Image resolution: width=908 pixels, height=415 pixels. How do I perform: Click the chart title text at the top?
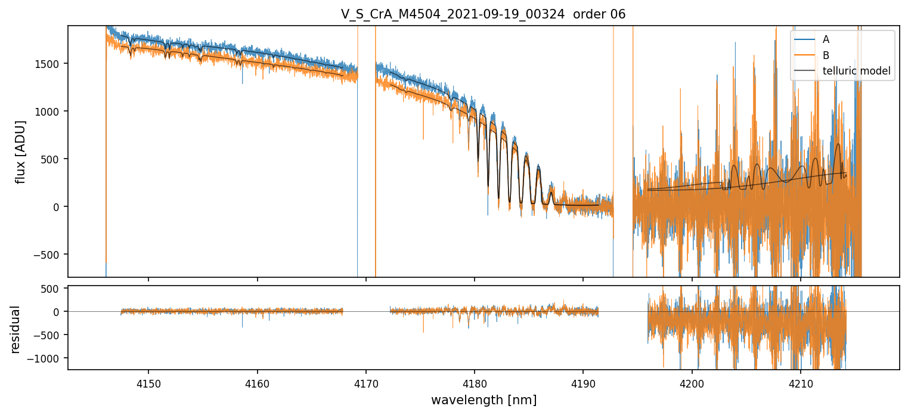pyautogui.click(x=483, y=14)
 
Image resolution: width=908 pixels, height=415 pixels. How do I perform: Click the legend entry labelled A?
pyautogui.click(x=826, y=39)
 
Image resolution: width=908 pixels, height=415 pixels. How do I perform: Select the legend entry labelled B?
pyautogui.click(x=826, y=55)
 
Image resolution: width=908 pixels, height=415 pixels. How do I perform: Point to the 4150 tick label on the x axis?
pyautogui.click(x=148, y=381)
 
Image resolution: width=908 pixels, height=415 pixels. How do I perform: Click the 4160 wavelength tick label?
pyautogui.click(x=257, y=381)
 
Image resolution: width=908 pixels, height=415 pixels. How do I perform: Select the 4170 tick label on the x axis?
pyautogui.click(x=365, y=381)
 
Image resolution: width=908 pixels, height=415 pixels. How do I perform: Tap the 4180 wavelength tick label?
pyautogui.click(x=474, y=381)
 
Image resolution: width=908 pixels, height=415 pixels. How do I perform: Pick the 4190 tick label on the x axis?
pyautogui.click(x=582, y=381)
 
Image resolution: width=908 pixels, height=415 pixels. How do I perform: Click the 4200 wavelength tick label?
pyautogui.click(x=692, y=381)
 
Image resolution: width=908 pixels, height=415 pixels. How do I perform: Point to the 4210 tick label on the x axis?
pyautogui.click(x=800, y=381)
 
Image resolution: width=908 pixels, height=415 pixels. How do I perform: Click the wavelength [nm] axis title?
pyautogui.click(x=484, y=399)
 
